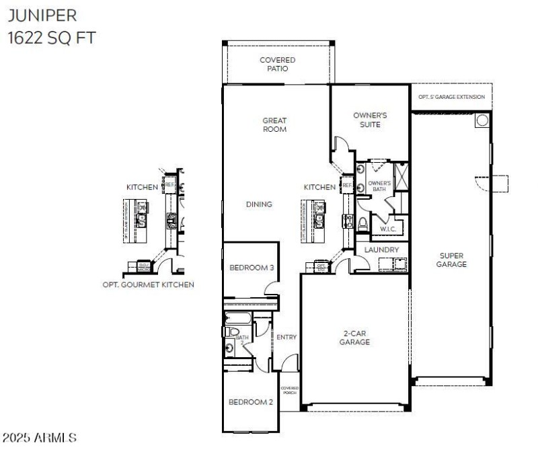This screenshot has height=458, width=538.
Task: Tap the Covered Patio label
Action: coord(277,64)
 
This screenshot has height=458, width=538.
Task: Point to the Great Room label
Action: coord(274,125)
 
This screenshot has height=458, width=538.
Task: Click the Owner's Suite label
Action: coord(370,120)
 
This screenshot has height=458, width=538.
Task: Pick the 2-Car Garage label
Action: coord(354,338)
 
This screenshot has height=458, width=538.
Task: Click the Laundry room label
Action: coord(381,250)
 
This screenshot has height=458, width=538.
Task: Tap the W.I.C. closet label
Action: coord(387,229)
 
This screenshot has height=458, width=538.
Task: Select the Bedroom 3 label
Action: coord(252,268)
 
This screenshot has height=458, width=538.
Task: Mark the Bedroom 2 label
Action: coord(250,402)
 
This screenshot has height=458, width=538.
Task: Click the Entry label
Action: coord(286,337)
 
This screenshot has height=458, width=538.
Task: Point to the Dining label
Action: coord(259,204)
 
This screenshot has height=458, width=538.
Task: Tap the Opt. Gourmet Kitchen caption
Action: coord(144,284)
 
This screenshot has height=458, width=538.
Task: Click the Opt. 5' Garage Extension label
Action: coord(451,97)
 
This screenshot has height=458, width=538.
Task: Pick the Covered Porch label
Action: coord(289,390)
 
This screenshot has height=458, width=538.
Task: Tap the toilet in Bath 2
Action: coord(231,333)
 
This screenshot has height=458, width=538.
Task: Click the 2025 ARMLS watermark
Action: coord(39,438)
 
